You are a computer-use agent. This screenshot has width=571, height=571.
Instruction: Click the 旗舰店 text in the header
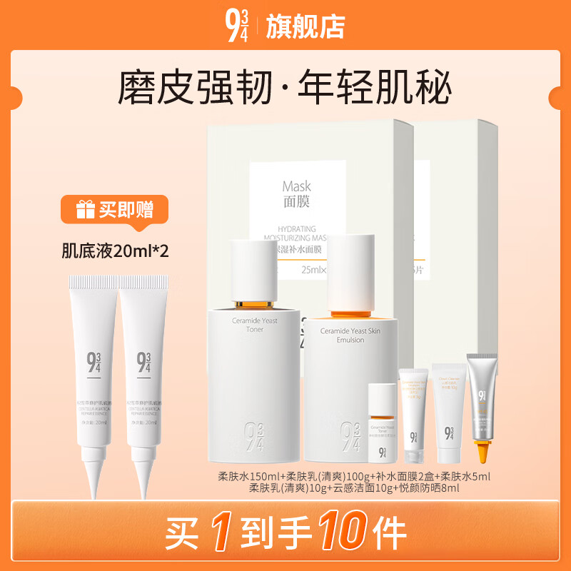pyautogui.click(x=305, y=26)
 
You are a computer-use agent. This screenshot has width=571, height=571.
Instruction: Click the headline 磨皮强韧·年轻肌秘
pyautogui.click(x=285, y=88)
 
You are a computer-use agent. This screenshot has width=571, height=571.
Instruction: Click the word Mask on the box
pyautogui.click(x=296, y=187)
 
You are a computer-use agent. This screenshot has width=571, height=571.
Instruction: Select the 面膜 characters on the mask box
pyautogui.click(x=296, y=202)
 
